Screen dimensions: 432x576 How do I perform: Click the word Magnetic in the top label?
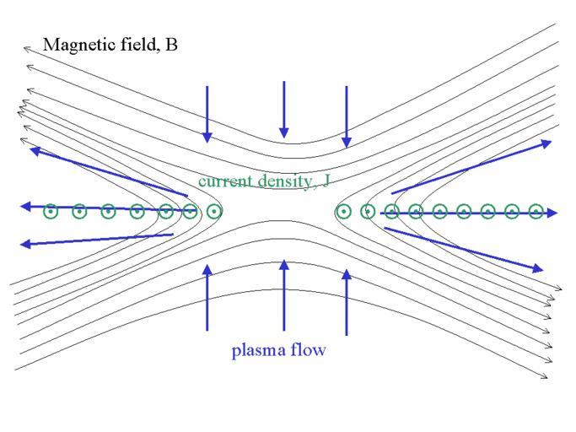tap(78, 44)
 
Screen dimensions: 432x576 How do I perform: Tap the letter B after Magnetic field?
tap(172, 44)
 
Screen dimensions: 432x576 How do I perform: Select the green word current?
tap(223, 181)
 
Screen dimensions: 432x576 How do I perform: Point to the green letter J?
tap(325, 181)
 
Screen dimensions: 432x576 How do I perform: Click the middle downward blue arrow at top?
tap(284, 109)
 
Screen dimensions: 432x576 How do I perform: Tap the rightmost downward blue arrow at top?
tap(346, 116)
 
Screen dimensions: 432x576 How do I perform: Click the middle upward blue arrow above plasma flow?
tap(284, 294)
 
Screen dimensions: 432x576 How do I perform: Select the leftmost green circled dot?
tap(51, 212)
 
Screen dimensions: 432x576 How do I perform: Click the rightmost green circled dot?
tap(536, 212)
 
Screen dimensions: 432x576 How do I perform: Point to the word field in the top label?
tap(137, 44)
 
